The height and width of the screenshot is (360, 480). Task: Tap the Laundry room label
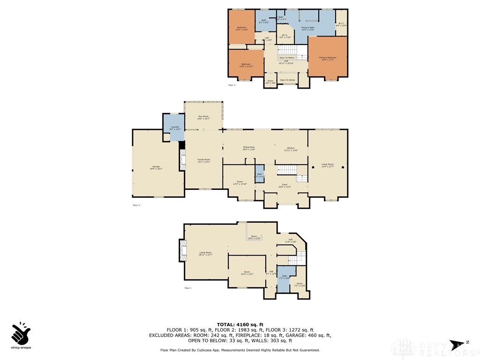click(175, 128)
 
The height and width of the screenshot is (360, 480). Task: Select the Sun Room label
click(203, 117)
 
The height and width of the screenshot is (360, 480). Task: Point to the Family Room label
click(203, 161)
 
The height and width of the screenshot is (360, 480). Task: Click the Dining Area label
click(249, 149)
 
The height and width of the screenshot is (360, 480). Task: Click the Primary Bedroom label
click(328, 59)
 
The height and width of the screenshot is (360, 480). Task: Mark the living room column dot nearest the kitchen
click(313, 167)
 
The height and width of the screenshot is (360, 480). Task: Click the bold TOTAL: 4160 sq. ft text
click(240, 324)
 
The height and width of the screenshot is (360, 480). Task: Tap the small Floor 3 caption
click(232, 85)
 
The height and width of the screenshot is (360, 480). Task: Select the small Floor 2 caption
click(136, 205)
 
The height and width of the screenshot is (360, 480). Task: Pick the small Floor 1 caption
click(187, 288)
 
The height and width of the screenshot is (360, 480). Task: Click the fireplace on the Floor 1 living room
click(182, 250)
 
